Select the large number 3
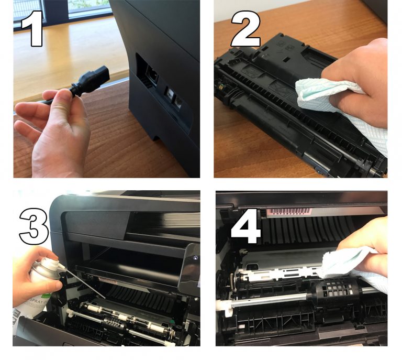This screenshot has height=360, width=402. click(33, 225)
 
